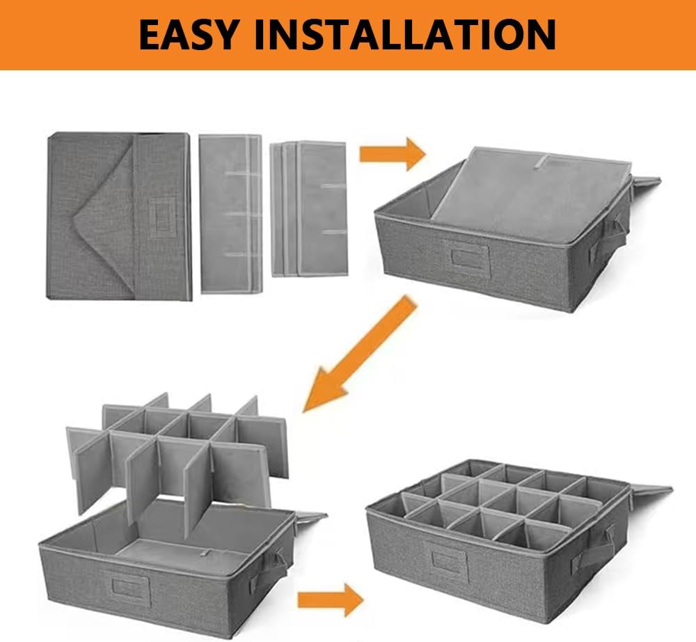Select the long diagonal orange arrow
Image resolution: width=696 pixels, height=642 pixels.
361,354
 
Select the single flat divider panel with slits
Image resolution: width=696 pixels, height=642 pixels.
230,214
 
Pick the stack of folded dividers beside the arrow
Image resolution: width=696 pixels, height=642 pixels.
309,209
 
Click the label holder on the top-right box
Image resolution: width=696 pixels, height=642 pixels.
466,258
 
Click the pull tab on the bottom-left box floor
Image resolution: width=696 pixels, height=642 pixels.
205,553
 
